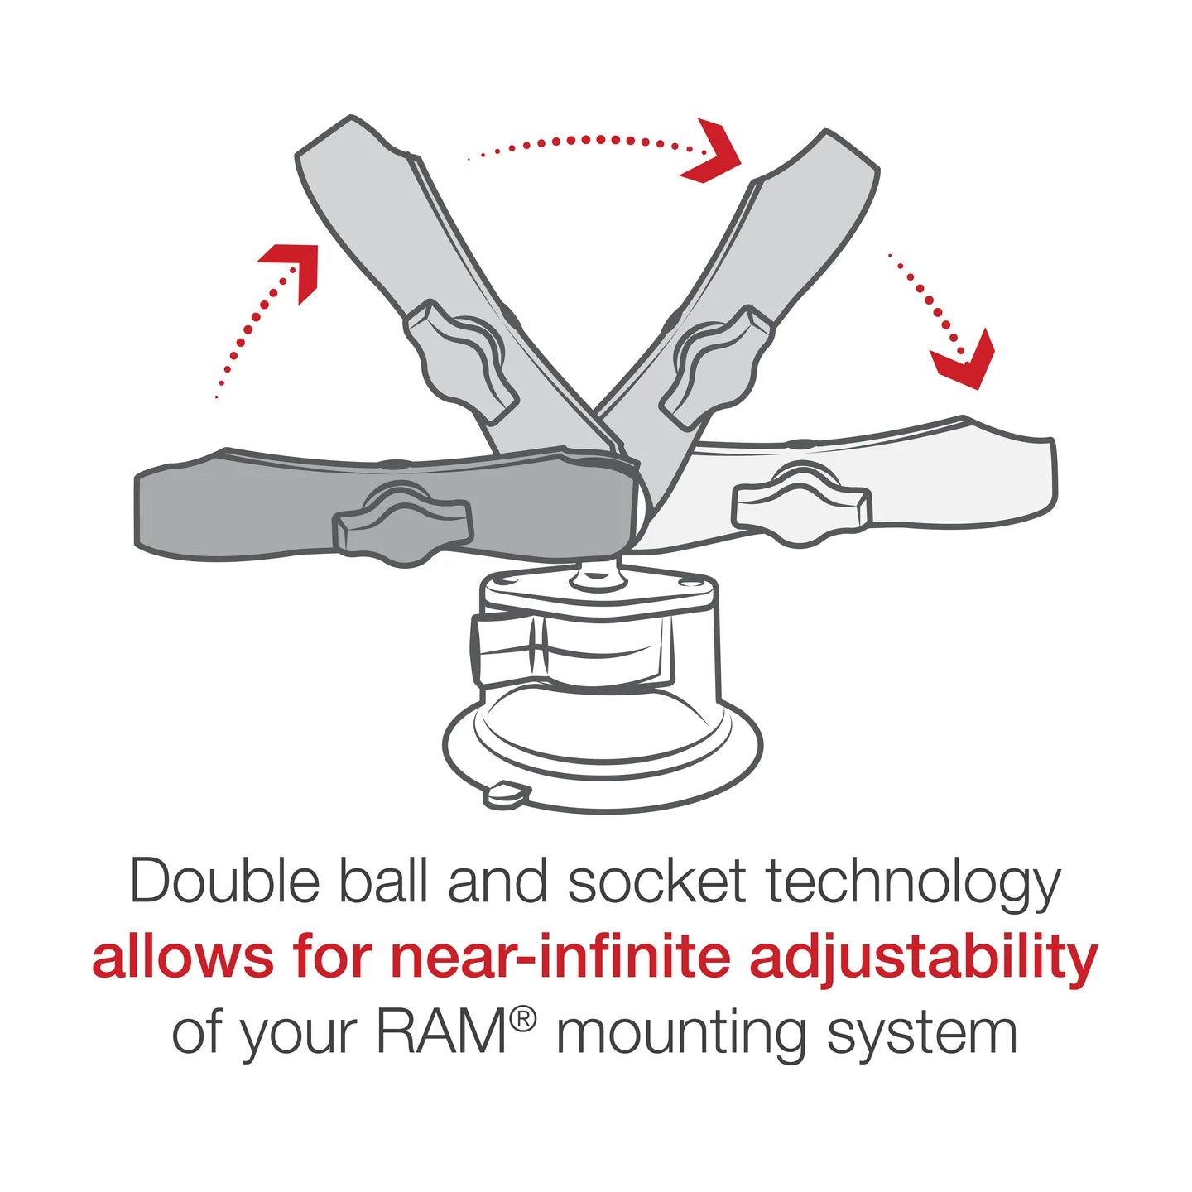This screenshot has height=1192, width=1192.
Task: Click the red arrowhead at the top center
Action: pos(714,152)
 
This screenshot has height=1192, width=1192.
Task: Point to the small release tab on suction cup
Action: pos(506,794)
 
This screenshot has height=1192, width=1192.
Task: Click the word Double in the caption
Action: pos(224,882)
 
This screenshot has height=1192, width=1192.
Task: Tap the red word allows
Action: pos(182,958)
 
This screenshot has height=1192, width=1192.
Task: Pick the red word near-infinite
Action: pos(560,958)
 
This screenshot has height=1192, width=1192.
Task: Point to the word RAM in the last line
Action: pos(441,1032)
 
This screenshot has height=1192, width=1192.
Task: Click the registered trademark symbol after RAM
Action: pos(522,1019)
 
